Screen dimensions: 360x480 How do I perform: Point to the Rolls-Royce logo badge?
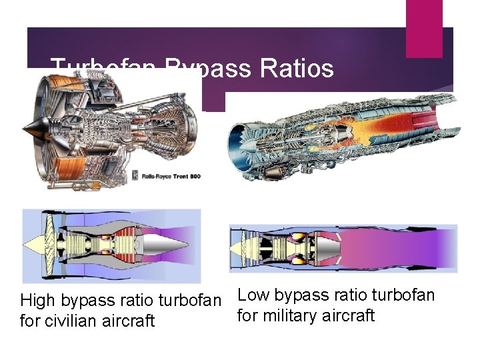[137, 175]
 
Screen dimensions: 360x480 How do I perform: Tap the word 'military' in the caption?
[294, 315]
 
